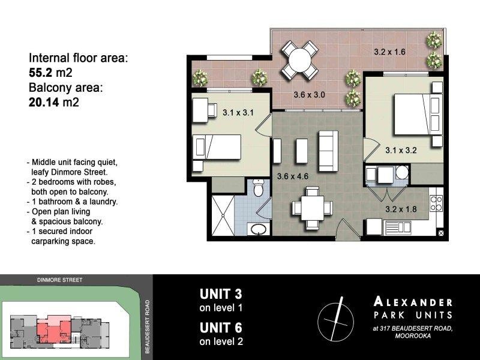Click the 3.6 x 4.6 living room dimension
click(293, 176)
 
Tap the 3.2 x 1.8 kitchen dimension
click(401, 209)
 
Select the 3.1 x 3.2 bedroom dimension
click(401, 151)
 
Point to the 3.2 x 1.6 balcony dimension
click(389, 52)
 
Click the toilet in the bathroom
click(259, 188)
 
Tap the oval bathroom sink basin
click(259, 229)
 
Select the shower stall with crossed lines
click(223, 215)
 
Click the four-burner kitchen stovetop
click(436, 203)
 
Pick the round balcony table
click(299, 60)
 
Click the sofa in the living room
click(328, 151)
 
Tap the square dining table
click(312, 208)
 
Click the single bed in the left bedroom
click(217, 147)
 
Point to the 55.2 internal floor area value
click(43, 73)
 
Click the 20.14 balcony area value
click(43, 102)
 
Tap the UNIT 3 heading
click(221, 294)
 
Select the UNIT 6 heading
click(221, 328)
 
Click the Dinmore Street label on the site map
click(59, 280)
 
